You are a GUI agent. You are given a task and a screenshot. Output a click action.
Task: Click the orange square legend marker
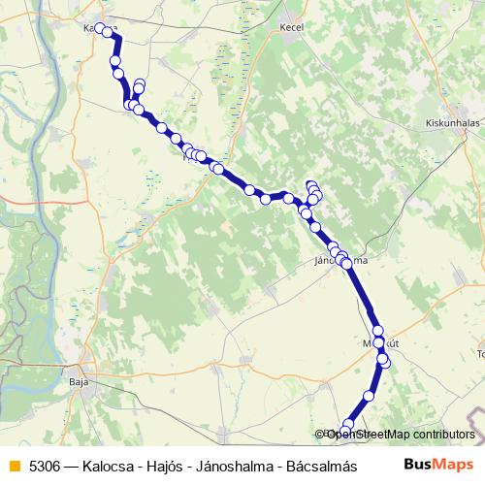[x=14, y=466]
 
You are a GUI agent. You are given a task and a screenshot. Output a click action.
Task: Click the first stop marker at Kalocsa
[x=100, y=28]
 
